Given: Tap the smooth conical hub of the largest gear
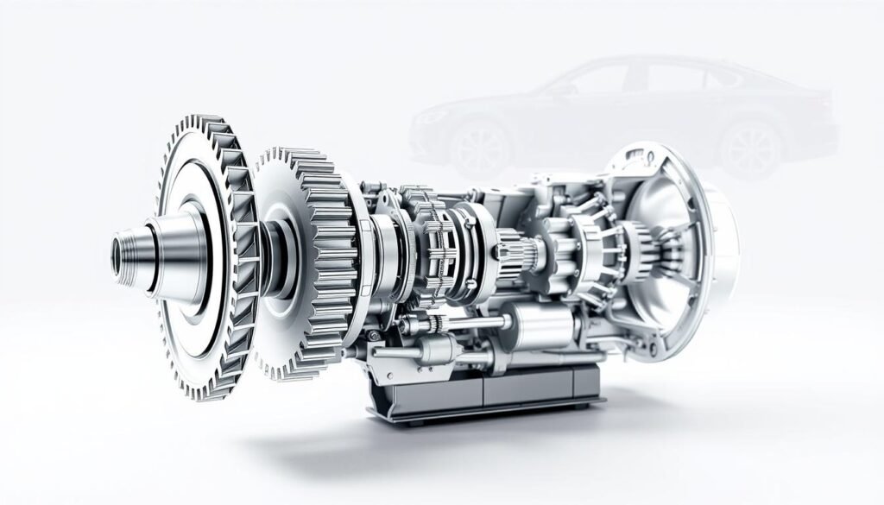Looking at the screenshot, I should tap(177, 253).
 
